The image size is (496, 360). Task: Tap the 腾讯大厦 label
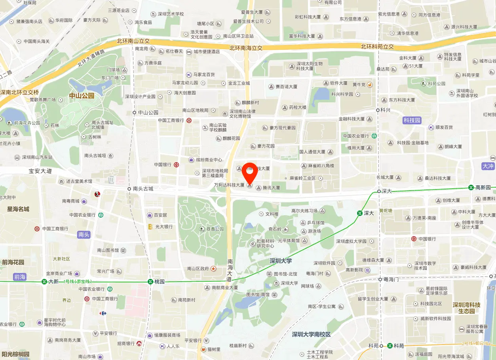pyautogui.click(x=271, y=188)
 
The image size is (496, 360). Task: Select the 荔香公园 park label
pyautogui.click(x=215, y=229)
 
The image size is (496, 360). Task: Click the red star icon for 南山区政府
pyautogui.click(x=214, y=269)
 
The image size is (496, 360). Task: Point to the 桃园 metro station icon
pyautogui.click(x=150, y=282)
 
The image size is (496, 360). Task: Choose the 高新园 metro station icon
pyautogui.click(x=471, y=188)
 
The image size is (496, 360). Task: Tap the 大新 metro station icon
pyautogui.click(x=44, y=282)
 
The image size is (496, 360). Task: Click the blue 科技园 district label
pyautogui.click(x=412, y=120)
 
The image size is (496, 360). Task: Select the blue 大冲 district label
pyautogui.click(x=488, y=166)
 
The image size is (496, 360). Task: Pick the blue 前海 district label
pyautogui.click(x=20, y=277)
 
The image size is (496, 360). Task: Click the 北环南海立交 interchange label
pyautogui.click(x=246, y=48)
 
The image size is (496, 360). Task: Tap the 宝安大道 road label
pyautogui.click(x=40, y=171)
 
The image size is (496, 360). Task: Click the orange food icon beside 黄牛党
pyautogui.click(x=369, y=84)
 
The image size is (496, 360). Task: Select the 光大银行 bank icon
pyautogui.click(x=150, y=227)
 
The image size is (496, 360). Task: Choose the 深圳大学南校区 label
pyautogui.click(x=311, y=334)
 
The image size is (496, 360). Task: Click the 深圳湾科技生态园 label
pyautogui.click(x=466, y=308)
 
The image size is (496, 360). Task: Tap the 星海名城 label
pyautogui.click(x=18, y=209)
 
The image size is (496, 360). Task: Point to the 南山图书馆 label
pyautogui.click(x=108, y=250)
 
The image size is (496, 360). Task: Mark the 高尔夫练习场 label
pyautogui.click(x=304, y=211)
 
